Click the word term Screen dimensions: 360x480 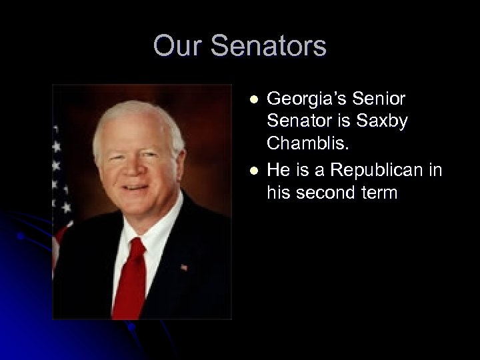pos(379,193)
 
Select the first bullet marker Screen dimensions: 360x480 pos(253,99)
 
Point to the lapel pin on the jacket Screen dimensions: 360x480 pos(184,267)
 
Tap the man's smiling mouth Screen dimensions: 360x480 pos(136,191)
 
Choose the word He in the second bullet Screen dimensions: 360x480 pos(279,170)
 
